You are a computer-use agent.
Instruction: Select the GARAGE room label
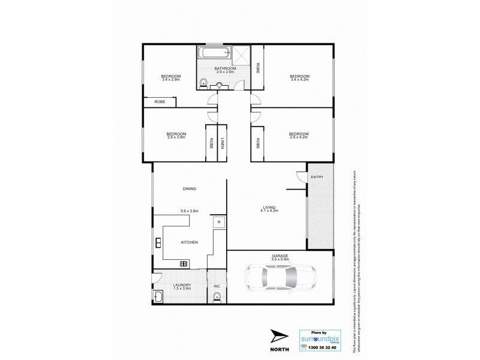[x=280, y=256]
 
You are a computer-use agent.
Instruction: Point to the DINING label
[x=190, y=189]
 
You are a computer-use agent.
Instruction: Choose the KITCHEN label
[x=190, y=241]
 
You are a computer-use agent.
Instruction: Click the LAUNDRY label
[x=182, y=284]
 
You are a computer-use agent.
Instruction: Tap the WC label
[x=217, y=286]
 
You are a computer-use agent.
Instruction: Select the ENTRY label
[x=316, y=176]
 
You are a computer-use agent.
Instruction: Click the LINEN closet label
[x=221, y=143]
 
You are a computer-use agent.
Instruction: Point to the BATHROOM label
[x=226, y=68]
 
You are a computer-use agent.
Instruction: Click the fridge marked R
[x=219, y=221]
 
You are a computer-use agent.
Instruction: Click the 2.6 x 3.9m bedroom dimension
[x=176, y=137]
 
